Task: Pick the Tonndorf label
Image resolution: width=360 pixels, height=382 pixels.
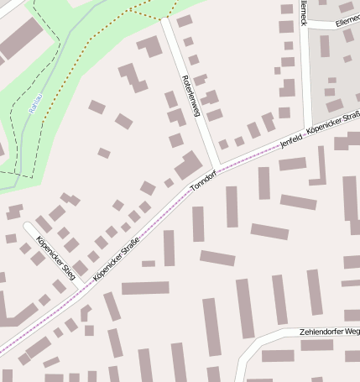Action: (x=204, y=178)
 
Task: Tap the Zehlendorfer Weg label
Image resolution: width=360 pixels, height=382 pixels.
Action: (x=329, y=332)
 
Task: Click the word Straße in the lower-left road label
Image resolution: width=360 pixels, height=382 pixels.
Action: (x=128, y=249)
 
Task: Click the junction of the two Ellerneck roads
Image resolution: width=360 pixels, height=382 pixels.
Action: (x=305, y=25)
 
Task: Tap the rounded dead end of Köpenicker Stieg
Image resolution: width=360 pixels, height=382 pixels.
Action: (x=28, y=227)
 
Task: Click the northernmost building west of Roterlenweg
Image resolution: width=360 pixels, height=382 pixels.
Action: (x=151, y=46)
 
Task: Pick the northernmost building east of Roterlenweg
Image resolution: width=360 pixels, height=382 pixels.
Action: (x=184, y=21)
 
